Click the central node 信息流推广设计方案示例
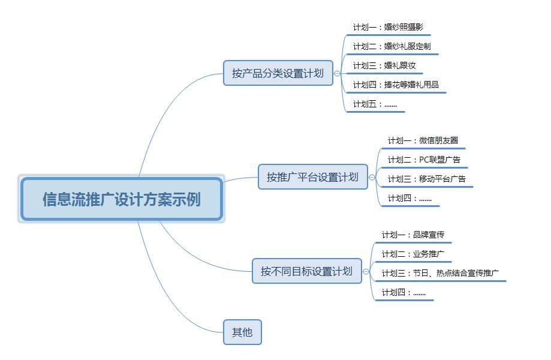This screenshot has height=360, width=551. [x=121, y=199]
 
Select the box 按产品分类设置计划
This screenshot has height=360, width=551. [x=278, y=73]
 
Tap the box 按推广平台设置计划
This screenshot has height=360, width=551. [x=313, y=177]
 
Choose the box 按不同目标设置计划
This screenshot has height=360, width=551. [x=307, y=271]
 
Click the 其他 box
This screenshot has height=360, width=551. [x=242, y=332]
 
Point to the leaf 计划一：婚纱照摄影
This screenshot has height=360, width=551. [x=388, y=27]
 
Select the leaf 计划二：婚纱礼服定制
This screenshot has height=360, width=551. [x=392, y=46]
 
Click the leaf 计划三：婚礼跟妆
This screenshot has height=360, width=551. [x=384, y=65]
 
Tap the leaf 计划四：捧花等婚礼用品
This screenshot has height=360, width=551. [x=396, y=85]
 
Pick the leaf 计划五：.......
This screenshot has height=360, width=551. [x=375, y=104]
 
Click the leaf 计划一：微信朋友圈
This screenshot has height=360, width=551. [x=423, y=140]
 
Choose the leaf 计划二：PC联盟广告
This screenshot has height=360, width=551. [x=424, y=160]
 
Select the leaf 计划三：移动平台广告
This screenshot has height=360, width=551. [x=427, y=179]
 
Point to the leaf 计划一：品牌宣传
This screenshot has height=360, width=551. [x=413, y=235]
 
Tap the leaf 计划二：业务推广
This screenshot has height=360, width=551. [x=413, y=254]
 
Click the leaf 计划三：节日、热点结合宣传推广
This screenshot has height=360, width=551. [x=440, y=273]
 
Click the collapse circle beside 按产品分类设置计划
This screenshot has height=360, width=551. [x=337, y=73]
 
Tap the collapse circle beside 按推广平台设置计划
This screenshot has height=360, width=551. [x=372, y=177]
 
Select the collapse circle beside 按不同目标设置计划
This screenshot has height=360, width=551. [x=366, y=271]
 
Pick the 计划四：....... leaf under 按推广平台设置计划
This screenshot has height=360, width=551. [x=410, y=198]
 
